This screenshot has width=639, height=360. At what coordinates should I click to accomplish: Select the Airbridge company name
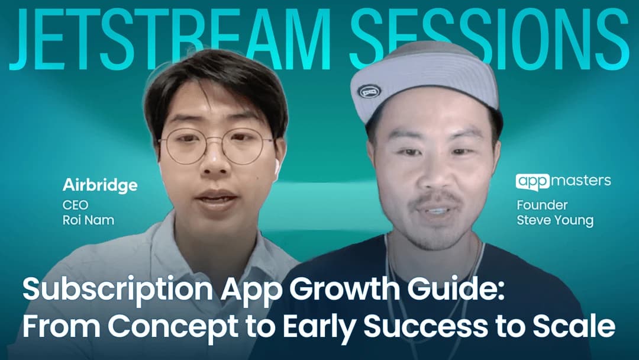[x=100, y=185]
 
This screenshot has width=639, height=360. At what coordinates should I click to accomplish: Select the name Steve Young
[x=554, y=221]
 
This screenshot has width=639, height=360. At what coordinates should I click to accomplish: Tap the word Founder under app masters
[x=542, y=205]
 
